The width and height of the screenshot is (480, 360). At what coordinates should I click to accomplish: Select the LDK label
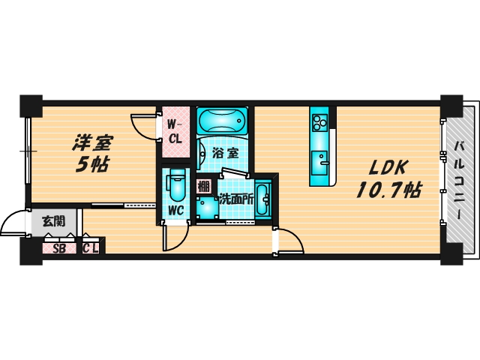coord(385,167)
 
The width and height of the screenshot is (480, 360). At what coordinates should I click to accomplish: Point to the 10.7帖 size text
coord(385,190)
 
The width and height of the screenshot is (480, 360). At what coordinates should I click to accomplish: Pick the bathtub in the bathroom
coord(223,121)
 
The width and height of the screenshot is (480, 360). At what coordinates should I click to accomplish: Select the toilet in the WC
coord(178,184)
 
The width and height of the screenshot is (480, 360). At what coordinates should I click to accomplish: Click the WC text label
coord(178,211)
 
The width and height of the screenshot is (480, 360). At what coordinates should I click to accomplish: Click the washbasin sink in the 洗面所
coord(262,199)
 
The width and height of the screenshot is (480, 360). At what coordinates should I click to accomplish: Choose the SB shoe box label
coord(58,248)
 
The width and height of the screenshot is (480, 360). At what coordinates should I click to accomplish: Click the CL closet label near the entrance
coord(91,248)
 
